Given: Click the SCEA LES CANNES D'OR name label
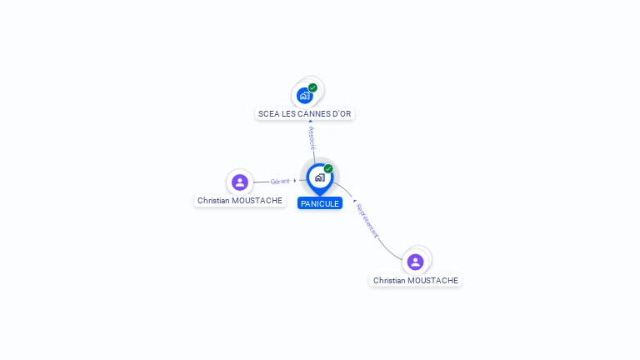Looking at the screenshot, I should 304,113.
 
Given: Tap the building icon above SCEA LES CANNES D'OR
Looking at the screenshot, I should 304,96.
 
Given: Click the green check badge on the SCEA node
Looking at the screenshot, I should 312,87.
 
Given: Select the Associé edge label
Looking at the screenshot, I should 312,138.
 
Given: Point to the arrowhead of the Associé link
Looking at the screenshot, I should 310,122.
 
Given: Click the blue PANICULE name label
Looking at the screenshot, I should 320,203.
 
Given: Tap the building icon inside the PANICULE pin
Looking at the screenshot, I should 319,177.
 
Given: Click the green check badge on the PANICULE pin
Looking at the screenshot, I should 328,169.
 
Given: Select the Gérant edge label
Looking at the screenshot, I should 280,181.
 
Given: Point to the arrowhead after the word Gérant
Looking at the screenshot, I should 295,180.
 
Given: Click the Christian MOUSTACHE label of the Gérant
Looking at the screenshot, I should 240,200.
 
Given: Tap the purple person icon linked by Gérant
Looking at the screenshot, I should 240,182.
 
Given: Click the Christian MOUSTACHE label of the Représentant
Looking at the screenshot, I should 416,281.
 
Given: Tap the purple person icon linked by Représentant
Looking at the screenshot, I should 415,262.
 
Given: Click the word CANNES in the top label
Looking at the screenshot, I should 313,113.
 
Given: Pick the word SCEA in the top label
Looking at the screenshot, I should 268,113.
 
